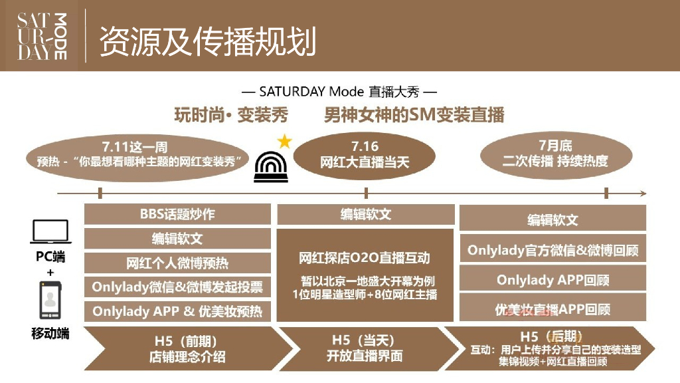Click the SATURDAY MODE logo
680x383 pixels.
(42, 36)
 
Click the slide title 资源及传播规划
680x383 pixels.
(207, 41)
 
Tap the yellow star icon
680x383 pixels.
(284, 141)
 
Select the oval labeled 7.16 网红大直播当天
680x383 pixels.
(365, 156)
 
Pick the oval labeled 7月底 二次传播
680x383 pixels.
(555, 154)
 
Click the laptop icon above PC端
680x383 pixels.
(50, 232)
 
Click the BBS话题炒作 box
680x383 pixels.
(177, 214)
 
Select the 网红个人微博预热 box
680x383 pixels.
(177, 263)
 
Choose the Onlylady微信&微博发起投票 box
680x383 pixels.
(177, 287)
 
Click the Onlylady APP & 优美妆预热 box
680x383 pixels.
(177, 311)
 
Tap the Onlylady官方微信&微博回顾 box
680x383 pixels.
(552, 251)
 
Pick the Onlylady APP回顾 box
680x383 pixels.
(552, 280)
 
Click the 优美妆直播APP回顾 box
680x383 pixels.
(552, 309)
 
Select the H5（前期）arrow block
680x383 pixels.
(186, 348)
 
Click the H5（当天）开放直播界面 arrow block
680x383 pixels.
(365, 348)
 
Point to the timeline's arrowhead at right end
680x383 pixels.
(642, 193)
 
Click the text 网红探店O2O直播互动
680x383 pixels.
(365, 258)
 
